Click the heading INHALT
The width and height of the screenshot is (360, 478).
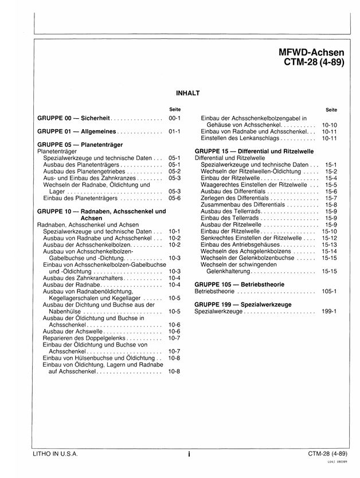tap(187, 91)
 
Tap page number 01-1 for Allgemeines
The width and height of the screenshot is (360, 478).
tap(175, 131)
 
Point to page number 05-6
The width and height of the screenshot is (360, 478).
tap(175, 198)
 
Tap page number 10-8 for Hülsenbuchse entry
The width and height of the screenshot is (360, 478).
tap(175, 358)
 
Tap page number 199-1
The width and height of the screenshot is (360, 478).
tap(329, 312)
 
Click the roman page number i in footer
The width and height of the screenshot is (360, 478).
tap(189, 454)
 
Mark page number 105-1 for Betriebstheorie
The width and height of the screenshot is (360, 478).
tap(329, 292)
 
